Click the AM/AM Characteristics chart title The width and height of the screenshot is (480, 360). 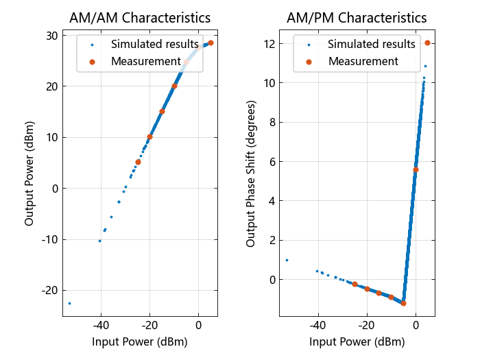(140, 18)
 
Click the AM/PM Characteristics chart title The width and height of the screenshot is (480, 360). (357, 18)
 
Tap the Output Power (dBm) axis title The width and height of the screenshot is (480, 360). (29, 173)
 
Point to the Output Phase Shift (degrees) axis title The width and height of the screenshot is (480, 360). (250, 173)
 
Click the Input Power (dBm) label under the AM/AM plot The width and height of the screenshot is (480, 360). (140, 341)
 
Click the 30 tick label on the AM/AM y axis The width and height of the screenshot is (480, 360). (51, 36)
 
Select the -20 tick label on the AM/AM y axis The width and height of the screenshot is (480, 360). (49, 290)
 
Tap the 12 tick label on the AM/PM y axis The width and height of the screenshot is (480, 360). (269, 44)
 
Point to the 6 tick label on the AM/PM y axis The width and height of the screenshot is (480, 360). (272, 162)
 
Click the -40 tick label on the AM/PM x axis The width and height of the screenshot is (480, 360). (317, 325)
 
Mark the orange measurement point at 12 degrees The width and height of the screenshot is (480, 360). (427, 43)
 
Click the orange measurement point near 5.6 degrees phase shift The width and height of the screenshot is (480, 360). (416, 169)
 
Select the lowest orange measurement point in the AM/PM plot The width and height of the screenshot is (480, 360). (403, 303)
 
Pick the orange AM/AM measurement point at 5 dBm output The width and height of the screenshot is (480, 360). (138, 163)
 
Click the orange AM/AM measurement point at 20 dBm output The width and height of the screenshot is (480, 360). (174, 86)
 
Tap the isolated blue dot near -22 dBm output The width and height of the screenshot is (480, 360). (69, 303)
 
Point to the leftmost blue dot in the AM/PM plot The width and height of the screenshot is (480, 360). (287, 260)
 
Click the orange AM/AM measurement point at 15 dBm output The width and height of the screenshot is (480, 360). (163, 111)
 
